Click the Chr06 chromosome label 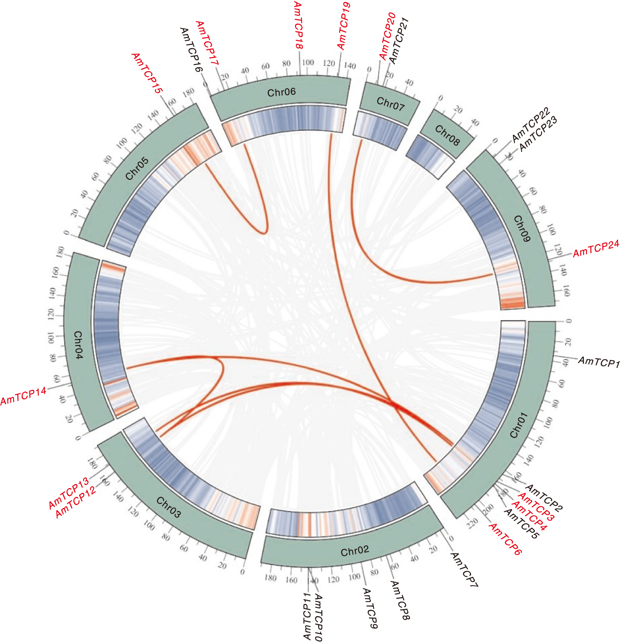tap(281, 92)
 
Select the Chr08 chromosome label tap(447, 136)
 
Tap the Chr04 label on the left tap(78, 345)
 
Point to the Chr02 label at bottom tap(354, 551)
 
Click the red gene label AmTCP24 tap(596, 249)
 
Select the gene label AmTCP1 tap(599, 362)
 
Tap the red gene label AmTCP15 tap(147, 73)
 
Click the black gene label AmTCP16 tap(191, 49)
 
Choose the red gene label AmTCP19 tap(344, 26)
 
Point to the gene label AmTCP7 tap(464, 570)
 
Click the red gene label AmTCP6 tap(505, 539)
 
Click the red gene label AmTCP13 tap(68, 494)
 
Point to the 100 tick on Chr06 tap(308, 62)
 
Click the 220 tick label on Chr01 tap(472, 524)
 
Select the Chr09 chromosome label tap(521, 229)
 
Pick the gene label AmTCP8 tap(400, 600)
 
